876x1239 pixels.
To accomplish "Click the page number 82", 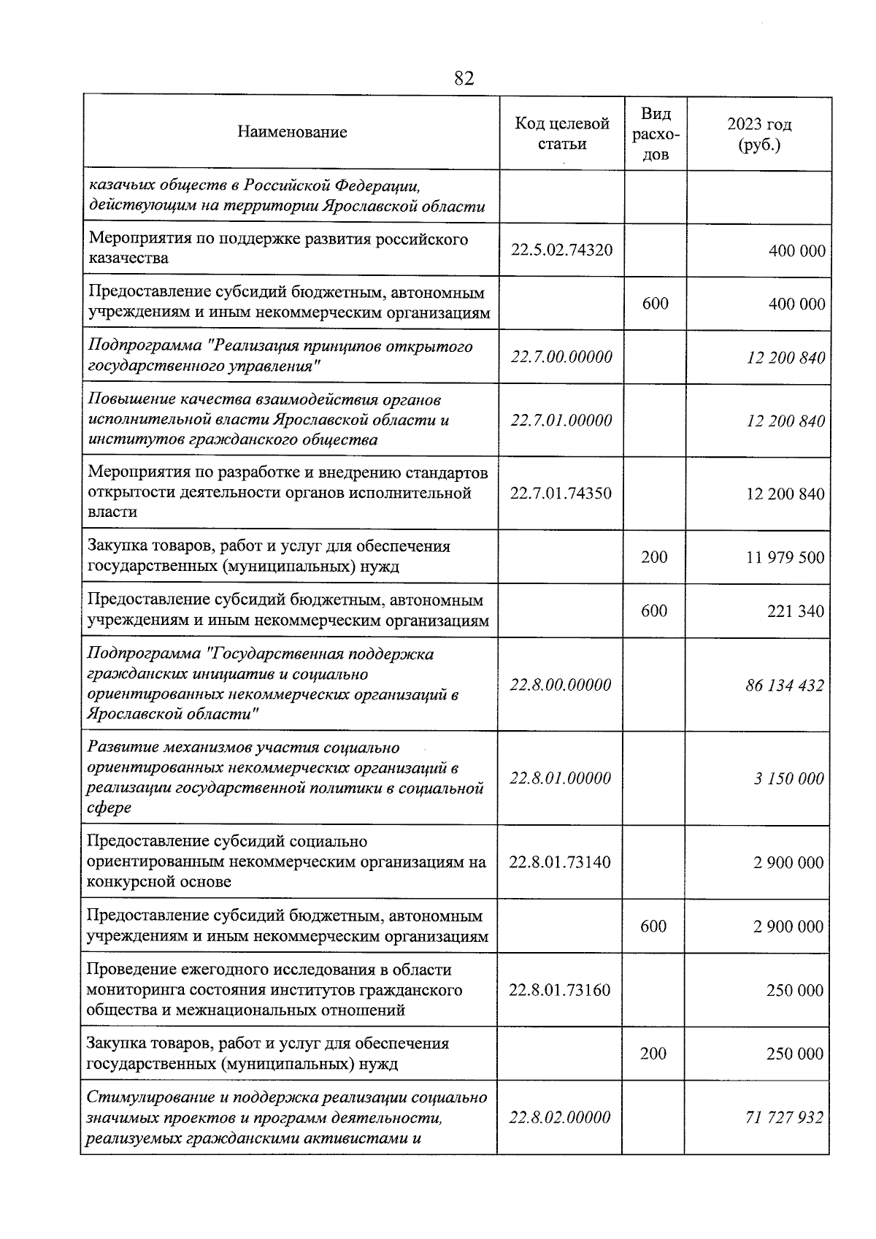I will coord(464,78).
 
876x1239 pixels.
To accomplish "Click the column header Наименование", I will coord(292,132).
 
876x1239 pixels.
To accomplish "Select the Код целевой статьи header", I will coord(561,134).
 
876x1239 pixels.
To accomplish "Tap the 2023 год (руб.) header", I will coord(759,134).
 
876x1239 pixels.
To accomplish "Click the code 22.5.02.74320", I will coord(561,250).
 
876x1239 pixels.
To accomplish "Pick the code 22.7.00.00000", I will coord(561,357).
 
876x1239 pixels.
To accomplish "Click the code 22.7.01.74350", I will coord(561,493).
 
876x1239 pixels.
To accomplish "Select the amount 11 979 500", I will coord(785,558).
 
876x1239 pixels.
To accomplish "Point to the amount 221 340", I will coord(796,611).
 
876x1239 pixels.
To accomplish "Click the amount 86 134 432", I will coord(785,686).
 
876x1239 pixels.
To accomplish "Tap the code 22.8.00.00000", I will coord(561,685).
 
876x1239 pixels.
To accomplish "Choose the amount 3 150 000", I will coord(789,778).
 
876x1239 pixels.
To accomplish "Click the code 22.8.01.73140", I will coord(560,862).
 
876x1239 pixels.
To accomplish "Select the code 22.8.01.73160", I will coord(560,990).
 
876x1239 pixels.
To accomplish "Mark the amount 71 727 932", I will coord(785,1118).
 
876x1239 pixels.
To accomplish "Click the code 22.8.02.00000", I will coord(560,1117).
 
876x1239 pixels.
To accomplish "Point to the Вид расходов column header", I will coord(656,134).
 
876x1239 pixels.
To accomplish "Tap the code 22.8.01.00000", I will coord(561,778).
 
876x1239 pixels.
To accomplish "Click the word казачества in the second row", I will coord(128,258).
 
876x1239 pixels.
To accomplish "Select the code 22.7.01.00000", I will coord(561,421).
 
